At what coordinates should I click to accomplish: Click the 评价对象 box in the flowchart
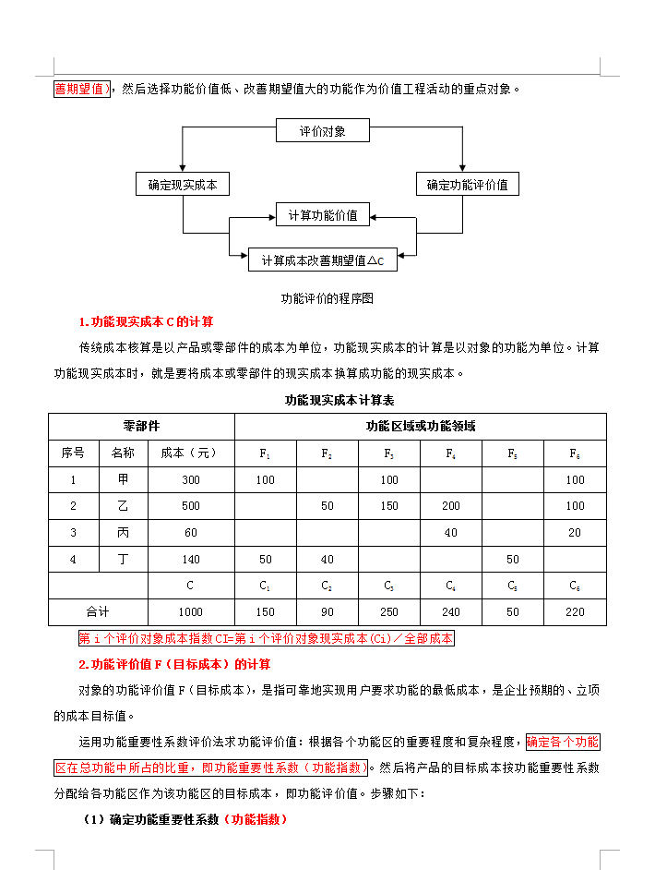[x=323, y=130]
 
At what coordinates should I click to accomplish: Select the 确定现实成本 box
[x=183, y=184]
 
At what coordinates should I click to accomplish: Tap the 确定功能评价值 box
[x=467, y=184]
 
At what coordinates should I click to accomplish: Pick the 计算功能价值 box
[x=323, y=214]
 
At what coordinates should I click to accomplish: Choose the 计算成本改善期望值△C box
[x=323, y=260]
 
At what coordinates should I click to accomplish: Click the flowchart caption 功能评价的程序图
[x=327, y=298]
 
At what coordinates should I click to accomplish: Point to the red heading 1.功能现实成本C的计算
[x=146, y=321]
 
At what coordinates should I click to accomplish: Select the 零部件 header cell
[x=141, y=426]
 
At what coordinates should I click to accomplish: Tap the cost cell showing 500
[x=191, y=506]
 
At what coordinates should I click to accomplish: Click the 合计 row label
[x=98, y=611]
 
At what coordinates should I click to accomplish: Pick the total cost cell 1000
[x=191, y=611]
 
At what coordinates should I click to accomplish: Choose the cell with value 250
[x=389, y=611]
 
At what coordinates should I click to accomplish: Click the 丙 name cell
[x=124, y=533]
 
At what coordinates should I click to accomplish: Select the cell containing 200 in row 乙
[x=451, y=506]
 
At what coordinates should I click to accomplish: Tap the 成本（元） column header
[x=191, y=453]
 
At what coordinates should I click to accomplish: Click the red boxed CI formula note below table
[x=266, y=638]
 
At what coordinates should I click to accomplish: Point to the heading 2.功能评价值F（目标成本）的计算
[x=174, y=664]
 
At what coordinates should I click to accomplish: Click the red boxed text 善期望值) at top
[x=83, y=90]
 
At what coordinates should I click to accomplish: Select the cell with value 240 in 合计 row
[x=451, y=611]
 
